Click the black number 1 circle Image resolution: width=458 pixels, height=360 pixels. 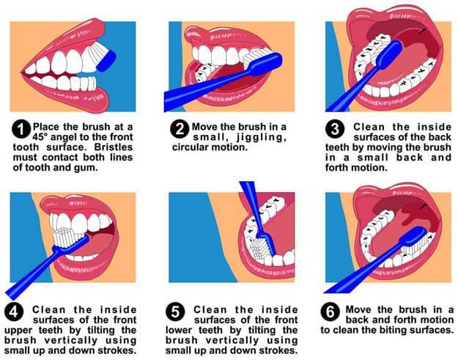tap(21, 129)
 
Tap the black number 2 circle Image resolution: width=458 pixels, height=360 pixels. tap(180, 129)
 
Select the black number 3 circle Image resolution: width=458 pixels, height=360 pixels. tap(335, 129)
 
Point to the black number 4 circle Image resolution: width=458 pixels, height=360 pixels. tap(14, 312)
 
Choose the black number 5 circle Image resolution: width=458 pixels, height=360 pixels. tap(175, 312)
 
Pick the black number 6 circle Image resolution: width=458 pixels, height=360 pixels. tap(330, 312)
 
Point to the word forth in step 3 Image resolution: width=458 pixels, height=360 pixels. tap(337, 168)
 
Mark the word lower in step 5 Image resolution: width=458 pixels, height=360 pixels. tap(179, 330)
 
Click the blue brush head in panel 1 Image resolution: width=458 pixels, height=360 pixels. tap(106, 61)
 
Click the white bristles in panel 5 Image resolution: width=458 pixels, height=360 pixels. tap(259, 249)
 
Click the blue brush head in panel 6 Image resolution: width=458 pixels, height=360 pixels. tap(414, 237)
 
